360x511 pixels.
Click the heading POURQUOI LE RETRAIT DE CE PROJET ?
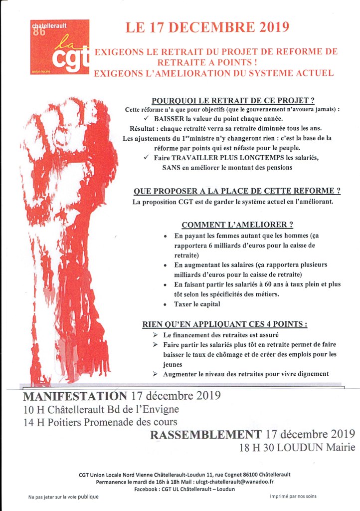click(233, 100)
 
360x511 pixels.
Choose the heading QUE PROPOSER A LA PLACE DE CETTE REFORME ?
click(237, 191)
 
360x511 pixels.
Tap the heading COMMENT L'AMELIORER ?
click(237, 225)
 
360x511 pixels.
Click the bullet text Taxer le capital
click(197, 304)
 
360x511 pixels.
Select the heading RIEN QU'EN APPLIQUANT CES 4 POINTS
click(224, 324)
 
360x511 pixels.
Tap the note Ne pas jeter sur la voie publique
click(63, 497)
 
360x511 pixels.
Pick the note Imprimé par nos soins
click(293, 497)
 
